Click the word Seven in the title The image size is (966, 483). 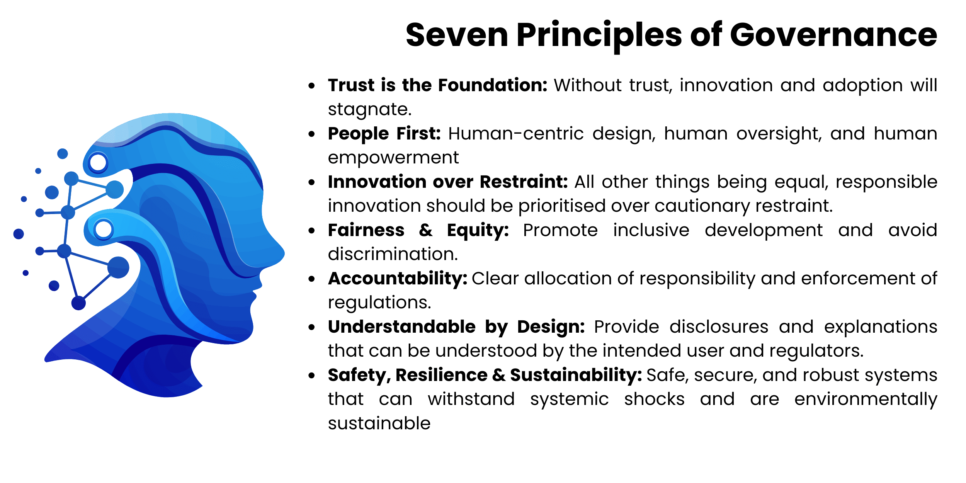click(457, 35)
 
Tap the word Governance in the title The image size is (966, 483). click(833, 35)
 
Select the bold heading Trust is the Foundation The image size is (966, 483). click(437, 85)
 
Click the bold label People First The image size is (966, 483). click(384, 134)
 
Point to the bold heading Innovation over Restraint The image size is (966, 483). click(447, 182)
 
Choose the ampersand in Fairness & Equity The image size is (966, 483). click(425, 230)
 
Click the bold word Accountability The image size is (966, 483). click(398, 279)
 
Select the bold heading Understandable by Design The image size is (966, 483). click(456, 327)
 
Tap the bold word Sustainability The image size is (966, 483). click(576, 375)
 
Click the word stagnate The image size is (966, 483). click(370, 109)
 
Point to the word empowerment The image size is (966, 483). click(393, 158)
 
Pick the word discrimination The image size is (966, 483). click(393, 254)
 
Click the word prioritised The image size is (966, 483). click(561, 206)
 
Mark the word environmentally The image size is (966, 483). click(866, 399)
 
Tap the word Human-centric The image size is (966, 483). click(516, 134)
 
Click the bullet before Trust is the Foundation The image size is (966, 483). click(312, 86)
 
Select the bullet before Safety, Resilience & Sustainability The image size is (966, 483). click(312, 376)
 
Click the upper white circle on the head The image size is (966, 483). click(98, 162)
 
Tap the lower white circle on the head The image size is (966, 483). click(103, 229)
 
